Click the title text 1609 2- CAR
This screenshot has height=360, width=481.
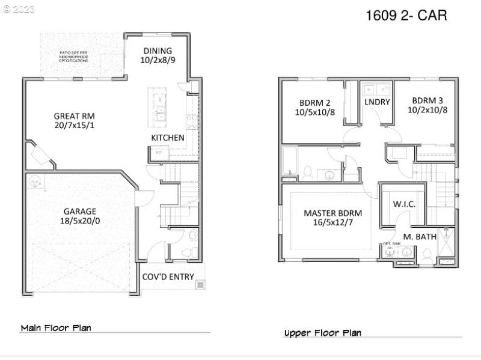[x=406, y=16]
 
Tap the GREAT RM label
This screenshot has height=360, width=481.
[x=74, y=116]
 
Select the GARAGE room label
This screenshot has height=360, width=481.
[x=80, y=211]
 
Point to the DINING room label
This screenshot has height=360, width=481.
[x=158, y=51]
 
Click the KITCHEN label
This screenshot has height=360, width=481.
[x=167, y=138]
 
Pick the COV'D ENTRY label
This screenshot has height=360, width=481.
[x=168, y=276]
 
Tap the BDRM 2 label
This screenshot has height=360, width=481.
[x=314, y=101]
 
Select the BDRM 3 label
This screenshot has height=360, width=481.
[x=427, y=100]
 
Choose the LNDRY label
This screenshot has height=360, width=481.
[x=377, y=102]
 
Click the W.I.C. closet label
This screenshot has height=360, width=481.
[x=404, y=204]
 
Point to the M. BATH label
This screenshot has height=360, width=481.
[x=419, y=237]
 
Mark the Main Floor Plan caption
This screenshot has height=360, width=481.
[x=55, y=328]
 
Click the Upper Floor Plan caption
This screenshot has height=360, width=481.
[x=322, y=332]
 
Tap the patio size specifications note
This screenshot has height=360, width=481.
[x=74, y=57]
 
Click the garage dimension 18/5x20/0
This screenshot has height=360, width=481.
[x=80, y=221]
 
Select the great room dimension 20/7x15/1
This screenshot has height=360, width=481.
[x=74, y=126]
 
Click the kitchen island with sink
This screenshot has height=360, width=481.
[x=159, y=108]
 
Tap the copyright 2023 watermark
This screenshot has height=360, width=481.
[x=19, y=9]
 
